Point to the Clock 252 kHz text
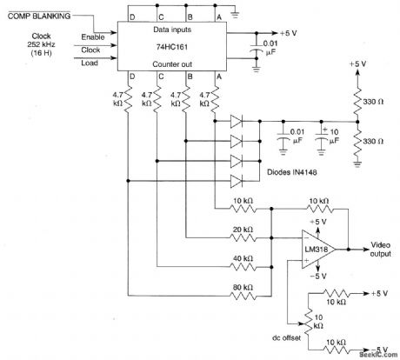[37, 45]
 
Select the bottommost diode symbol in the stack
[237, 180]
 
